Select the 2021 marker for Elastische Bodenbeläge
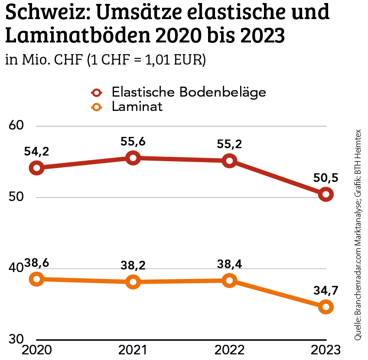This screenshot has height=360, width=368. [x=133, y=158]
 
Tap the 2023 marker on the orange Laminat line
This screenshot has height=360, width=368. [x=326, y=307]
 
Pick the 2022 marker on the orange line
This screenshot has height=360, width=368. [x=230, y=281]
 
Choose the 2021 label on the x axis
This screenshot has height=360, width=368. [x=133, y=350]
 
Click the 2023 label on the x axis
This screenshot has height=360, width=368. [x=326, y=350]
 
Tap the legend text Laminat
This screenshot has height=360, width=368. [x=137, y=107]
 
